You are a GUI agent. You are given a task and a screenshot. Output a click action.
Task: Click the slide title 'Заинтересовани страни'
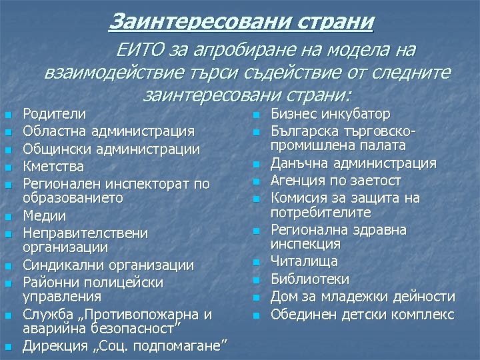click(241, 21)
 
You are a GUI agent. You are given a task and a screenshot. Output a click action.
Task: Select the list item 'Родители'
click(54, 114)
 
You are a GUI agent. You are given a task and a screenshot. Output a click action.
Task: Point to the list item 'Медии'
click(45, 215)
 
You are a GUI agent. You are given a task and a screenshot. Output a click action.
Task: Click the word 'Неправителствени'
click(85, 233)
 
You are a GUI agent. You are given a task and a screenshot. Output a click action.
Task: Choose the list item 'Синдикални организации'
click(109, 265)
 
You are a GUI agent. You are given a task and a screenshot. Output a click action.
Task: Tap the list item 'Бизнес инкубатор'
click(330, 114)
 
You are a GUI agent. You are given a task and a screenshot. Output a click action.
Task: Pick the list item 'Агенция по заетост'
click(336, 181)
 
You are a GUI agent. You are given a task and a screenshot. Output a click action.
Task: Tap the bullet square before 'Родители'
click(7, 115)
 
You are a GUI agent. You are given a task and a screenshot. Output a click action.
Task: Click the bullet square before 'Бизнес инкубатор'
click(255, 115)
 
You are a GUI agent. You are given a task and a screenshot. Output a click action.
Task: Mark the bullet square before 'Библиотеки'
click(255, 279)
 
